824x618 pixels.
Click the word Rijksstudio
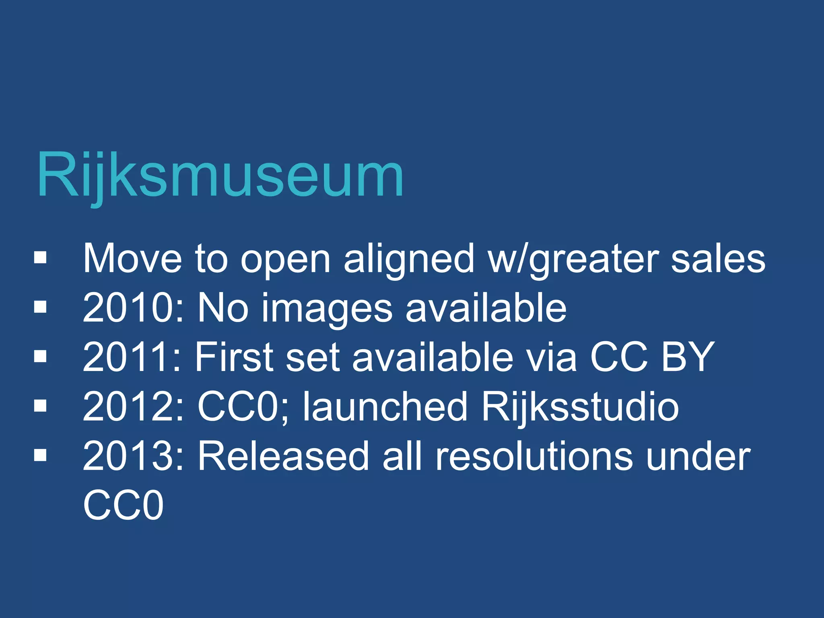point(580,407)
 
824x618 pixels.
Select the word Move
point(132,259)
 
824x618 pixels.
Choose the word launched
point(385,407)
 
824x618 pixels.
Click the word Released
point(283,456)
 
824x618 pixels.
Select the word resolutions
point(534,456)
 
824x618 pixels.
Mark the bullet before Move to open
point(41,257)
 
